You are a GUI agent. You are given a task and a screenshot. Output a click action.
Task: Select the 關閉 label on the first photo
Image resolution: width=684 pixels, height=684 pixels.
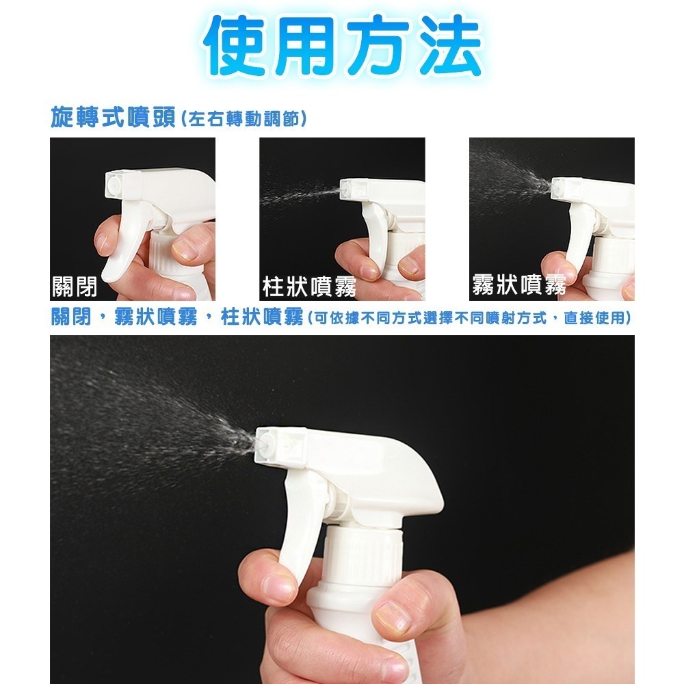click(74, 287)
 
